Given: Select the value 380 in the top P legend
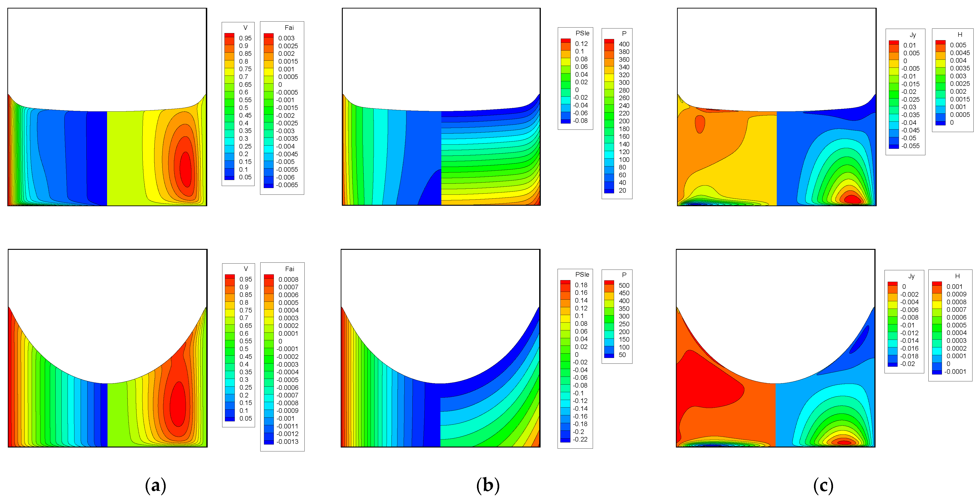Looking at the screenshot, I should (624, 52).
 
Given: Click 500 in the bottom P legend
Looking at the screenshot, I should (624, 285).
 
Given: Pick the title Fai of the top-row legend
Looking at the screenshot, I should (289, 28).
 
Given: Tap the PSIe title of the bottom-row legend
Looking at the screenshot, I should (582, 274).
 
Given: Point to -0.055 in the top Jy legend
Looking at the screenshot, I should (910, 146).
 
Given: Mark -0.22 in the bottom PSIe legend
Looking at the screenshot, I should (580, 439).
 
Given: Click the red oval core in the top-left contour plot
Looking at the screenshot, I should (185, 169).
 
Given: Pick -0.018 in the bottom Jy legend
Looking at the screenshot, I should (909, 356).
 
